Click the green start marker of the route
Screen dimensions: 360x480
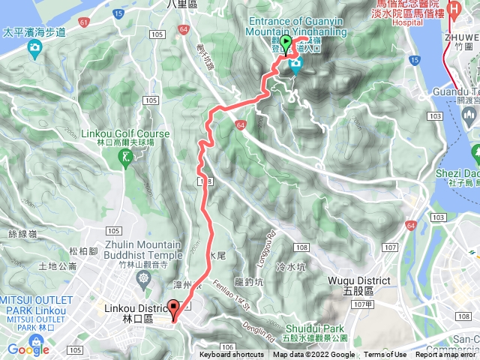(286, 42)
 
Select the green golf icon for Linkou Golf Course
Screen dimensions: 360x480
(125, 157)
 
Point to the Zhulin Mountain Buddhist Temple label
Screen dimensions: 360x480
(143, 250)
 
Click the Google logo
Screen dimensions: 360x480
(28, 349)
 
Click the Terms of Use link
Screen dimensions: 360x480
(385, 355)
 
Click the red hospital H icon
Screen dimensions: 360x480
(453, 10)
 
